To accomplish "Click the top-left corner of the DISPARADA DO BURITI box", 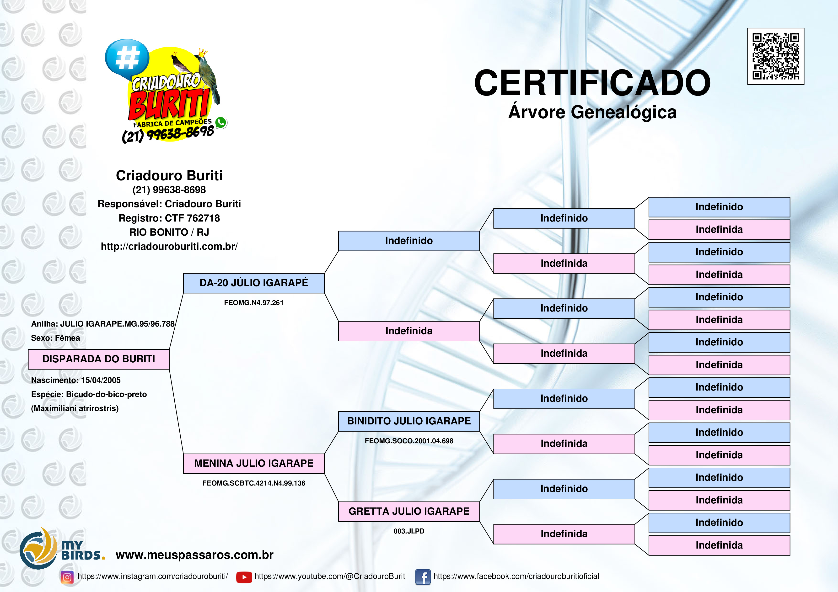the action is (x=28, y=349).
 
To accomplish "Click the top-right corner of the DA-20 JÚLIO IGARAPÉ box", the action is (x=324, y=274).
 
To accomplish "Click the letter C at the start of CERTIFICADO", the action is (x=490, y=83).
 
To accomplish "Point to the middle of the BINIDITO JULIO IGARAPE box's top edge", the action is (x=409, y=412).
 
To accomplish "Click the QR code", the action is (x=776, y=56).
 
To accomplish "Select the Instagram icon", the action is (x=67, y=577).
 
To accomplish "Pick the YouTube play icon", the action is (x=244, y=577).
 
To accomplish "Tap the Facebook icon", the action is (x=423, y=577).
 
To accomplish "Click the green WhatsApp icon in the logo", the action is (x=221, y=122).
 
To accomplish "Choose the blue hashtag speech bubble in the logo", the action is (x=127, y=58).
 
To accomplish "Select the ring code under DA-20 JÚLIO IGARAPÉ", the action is (x=254, y=303).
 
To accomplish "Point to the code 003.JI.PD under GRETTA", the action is (x=409, y=531).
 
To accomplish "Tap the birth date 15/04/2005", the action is (x=101, y=380).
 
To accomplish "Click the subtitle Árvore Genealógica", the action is (x=592, y=112).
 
